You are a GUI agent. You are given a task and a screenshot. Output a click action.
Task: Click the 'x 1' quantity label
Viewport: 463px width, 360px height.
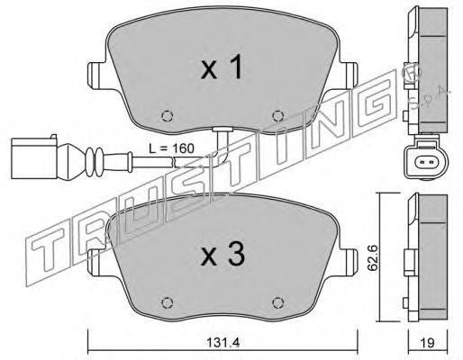[222, 68]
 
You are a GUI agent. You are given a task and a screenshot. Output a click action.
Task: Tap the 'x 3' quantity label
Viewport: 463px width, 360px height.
[222, 255]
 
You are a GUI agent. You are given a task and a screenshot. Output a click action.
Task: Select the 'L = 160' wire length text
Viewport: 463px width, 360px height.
[172, 148]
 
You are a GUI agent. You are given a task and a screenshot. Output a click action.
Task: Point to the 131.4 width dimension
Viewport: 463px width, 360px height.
[222, 342]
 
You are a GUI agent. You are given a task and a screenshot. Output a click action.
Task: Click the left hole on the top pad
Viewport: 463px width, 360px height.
[167, 116]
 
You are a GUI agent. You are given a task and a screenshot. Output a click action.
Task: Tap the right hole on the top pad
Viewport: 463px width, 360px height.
[277, 116]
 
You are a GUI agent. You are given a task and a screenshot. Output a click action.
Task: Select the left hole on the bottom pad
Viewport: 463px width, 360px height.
[167, 302]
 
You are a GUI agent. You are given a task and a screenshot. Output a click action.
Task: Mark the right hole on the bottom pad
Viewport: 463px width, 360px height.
[277, 302]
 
